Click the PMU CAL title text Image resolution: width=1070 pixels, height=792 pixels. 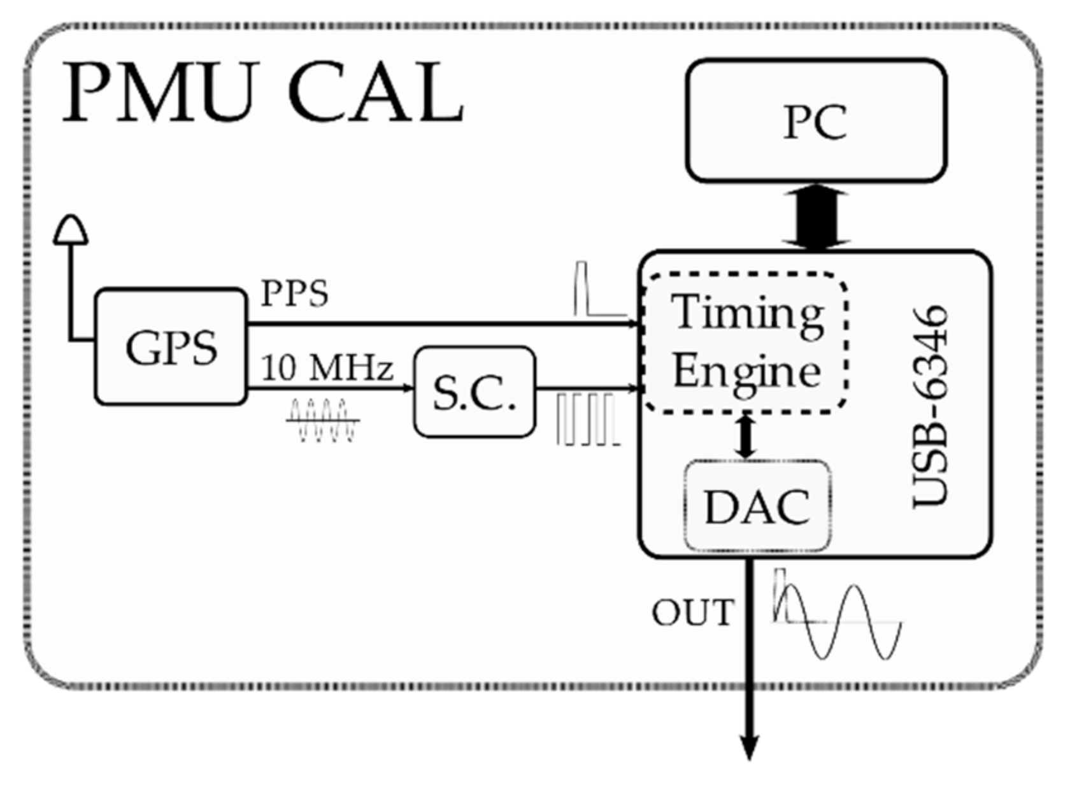[x=262, y=94]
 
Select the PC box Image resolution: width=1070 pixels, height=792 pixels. [x=816, y=121]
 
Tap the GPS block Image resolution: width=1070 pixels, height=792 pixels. [x=171, y=347]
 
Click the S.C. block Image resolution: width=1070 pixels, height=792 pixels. [x=474, y=392]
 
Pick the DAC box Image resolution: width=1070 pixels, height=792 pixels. [x=757, y=507]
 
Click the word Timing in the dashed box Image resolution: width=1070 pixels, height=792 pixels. [x=748, y=313]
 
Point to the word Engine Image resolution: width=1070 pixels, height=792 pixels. [x=746, y=372]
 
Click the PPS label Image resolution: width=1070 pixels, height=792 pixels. [x=294, y=293]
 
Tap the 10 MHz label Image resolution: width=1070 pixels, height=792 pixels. [x=327, y=368]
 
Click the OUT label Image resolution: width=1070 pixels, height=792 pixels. [x=692, y=612]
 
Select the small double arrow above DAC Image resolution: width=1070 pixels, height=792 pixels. [x=745, y=435]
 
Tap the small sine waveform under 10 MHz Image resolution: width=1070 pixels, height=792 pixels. [x=322, y=420]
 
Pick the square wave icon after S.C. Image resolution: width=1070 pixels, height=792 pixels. [x=587, y=419]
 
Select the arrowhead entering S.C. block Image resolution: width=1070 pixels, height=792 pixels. [x=408, y=388]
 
